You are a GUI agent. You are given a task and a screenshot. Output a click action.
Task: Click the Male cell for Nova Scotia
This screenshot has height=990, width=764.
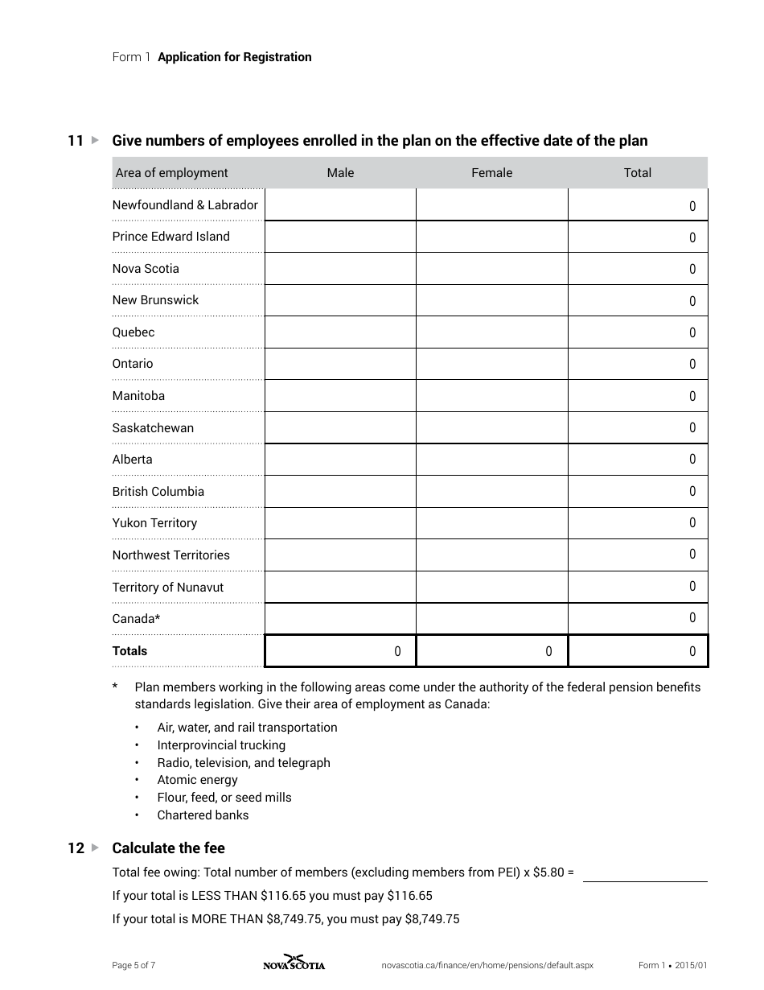340,269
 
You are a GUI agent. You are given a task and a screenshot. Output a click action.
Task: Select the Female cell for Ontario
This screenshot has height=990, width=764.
491,364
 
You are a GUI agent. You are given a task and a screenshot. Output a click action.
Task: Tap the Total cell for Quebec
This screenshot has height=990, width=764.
638,332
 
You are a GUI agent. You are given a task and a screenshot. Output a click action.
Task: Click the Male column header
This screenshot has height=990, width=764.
340,173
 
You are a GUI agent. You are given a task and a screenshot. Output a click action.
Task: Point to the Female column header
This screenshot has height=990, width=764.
491,173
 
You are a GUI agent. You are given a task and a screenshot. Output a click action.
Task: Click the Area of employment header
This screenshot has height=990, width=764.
171,173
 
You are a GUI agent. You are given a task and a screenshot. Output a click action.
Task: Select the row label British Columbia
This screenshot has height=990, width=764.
158,492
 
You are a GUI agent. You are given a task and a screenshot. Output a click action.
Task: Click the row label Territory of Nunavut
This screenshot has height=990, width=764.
168,588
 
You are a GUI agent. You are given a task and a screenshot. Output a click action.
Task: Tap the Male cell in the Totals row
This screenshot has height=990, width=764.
340,651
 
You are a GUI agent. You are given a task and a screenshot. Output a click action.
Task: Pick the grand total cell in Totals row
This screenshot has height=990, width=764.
638,651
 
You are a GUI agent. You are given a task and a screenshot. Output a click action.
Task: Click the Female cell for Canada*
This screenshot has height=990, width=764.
491,619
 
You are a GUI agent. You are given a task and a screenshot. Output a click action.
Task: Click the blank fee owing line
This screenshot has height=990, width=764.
645,872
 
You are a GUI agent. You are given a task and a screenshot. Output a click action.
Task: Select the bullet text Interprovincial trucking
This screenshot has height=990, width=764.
221,745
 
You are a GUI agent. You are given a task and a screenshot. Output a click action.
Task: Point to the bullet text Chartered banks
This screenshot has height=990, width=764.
203,815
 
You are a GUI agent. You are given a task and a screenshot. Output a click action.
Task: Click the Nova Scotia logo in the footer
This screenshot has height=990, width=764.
294,963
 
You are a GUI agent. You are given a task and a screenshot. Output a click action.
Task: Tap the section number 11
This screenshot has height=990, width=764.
76,141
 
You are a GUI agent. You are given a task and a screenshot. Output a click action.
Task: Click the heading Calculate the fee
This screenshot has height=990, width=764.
168,848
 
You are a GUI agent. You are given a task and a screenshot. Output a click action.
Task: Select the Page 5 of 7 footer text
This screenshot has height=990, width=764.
133,965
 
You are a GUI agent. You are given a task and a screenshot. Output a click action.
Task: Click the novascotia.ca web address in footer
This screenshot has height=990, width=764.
487,965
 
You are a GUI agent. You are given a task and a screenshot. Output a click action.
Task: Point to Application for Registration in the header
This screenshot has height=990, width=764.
235,57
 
